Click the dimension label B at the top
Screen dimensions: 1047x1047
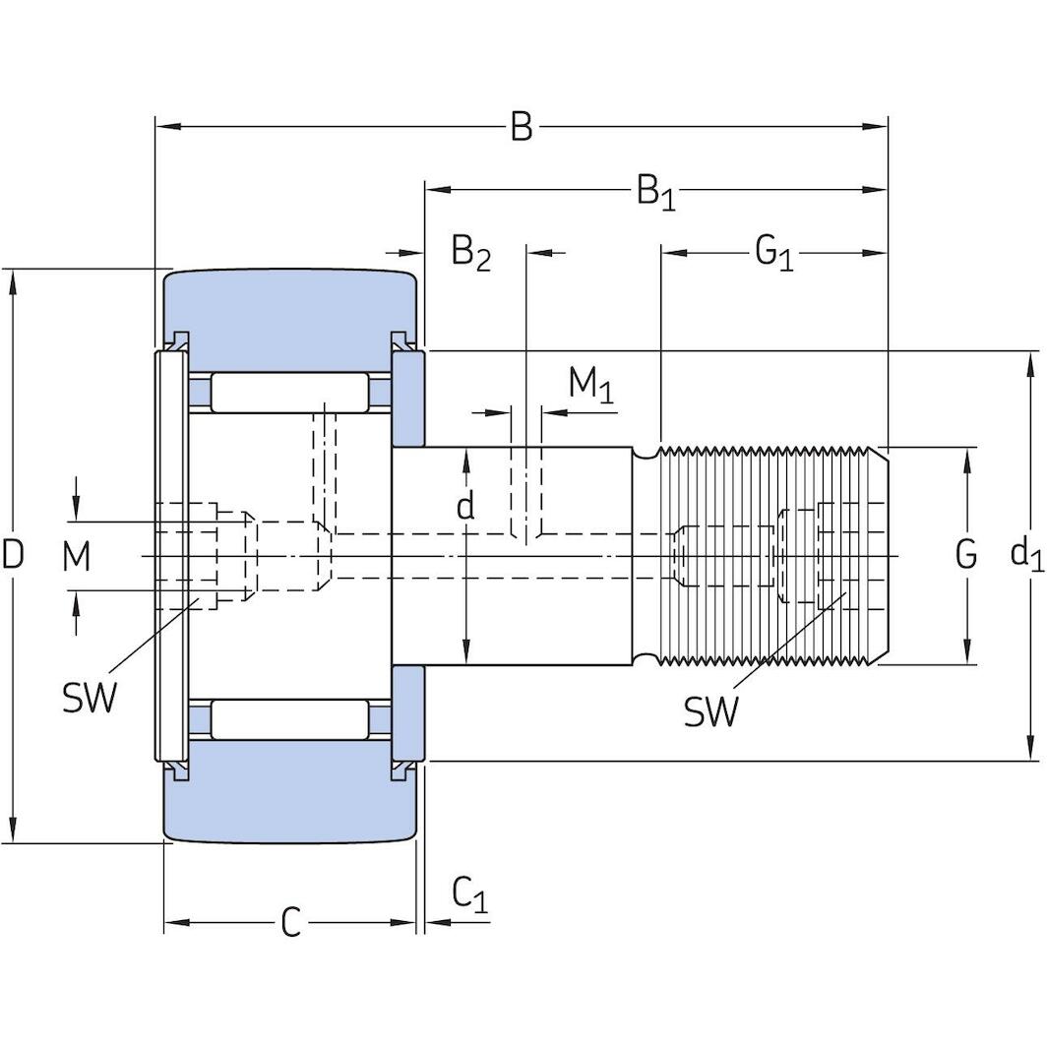pos(521,127)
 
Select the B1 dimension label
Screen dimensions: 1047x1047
pos(655,191)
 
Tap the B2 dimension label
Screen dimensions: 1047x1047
pos(470,253)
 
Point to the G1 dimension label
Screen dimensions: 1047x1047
pos(773,253)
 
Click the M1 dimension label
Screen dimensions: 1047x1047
pos(590,385)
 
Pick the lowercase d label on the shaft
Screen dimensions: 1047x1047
pos(465,506)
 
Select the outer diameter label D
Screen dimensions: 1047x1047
pos(13,556)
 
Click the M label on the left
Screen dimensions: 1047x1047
pos(77,557)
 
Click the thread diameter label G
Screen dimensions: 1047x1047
pos(966,555)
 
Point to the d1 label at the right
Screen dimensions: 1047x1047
pos(1026,555)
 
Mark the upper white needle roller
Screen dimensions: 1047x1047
pos(290,394)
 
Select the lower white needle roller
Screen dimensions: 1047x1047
pos(290,719)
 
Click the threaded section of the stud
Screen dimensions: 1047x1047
pos(768,555)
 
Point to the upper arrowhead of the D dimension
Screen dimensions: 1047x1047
pos(13,279)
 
